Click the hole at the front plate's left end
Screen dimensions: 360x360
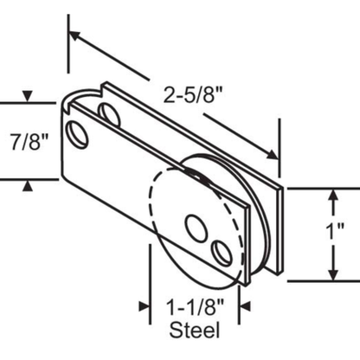[80, 134]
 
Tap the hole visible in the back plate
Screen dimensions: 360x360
[110, 112]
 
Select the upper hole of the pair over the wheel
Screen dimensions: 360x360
[196, 228]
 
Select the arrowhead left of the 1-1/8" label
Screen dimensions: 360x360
[146, 305]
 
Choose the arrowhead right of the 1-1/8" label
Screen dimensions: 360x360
[242, 305]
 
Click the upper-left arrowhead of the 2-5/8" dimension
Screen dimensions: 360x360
[74, 36]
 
